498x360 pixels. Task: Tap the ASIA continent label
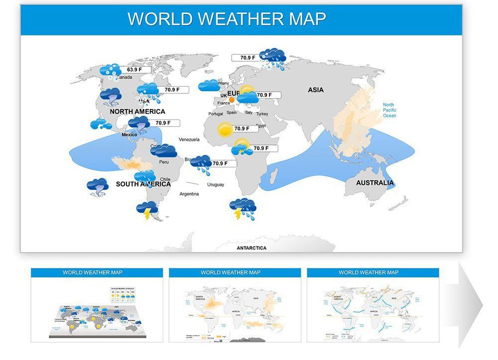pyautogui.click(x=316, y=90)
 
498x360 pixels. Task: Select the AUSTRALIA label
pyautogui.click(x=374, y=183)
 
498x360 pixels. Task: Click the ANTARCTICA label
pyautogui.click(x=251, y=248)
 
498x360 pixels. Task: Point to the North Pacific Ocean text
pyautogui.click(x=389, y=110)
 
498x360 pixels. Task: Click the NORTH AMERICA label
pyautogui.click(x=137, y=112)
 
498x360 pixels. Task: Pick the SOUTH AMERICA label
pyautogui.click(x=143, y=184)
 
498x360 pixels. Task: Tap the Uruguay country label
pyautogui.click(x=215, y=185)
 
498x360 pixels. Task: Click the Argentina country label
pyautogui.click(x=189, y=194)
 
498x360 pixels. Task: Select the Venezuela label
pyautogui.click(x=189, y=139)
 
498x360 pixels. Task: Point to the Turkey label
pyautogui.click(x=262, y=114)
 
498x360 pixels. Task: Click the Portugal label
pyautogui.click(x=216, y=114)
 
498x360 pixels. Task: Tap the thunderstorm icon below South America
pyautogui.click(x=147, y=211)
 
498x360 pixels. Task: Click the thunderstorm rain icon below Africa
pyautogui.click(x=243, y=209)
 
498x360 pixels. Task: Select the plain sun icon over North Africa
pyautogui.click(x=225, y=129)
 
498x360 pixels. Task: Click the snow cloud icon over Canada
pyautogui.click(x=111, y=72)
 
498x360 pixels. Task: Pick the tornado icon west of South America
pyautogui.click(x=97, y=188)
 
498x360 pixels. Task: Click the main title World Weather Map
pyautogui.click(x=227, y=19)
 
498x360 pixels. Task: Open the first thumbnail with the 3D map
pyautogui.click(x=97, y=305)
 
